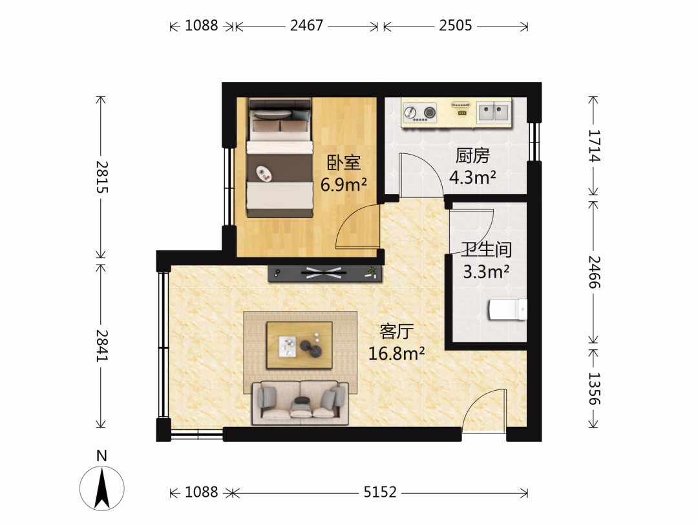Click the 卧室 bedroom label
coord(343,162)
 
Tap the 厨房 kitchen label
coord(472,155)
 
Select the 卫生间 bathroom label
coord(486,250)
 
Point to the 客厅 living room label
coord(397,331)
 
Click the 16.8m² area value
coord(396,353)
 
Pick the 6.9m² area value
coord(344,184)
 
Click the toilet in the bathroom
coord(508,309)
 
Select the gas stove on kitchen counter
coord(420,113)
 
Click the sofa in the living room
coord(300,403)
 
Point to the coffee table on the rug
coord(300,345)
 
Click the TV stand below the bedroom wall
coord(325,273)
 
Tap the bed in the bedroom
coord(280,158)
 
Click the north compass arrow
coord(102,488)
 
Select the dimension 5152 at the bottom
coord(380,492)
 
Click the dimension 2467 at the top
coord(306,25)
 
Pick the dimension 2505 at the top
coord(455,25)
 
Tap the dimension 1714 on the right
coord(595,146)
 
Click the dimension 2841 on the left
coord(102,345)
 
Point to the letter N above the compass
coord(102,456)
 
